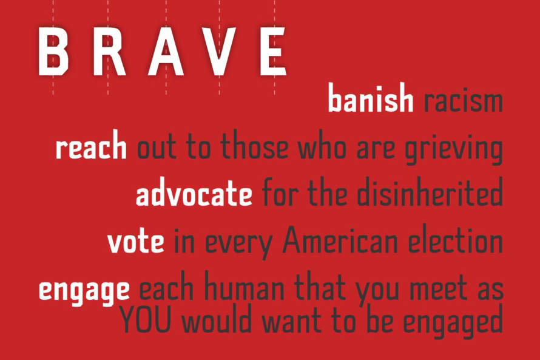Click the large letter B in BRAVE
click(x=53, y=52)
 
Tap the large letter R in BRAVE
click(x=109, y=52)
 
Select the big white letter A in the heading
click(x=166, y=52)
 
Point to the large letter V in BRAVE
click(x=219, y=52)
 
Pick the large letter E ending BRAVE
click(x=273, y=52)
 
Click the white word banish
click(x=371, y=98)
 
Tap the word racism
click(x=463, y=101)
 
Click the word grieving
click(x=453, y=149)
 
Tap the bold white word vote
click(x=136, y=241)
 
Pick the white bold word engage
click(x=84, y=291)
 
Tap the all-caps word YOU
click(x=146, y=321)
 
